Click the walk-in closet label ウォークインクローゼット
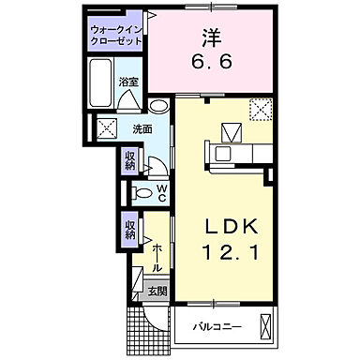pyautogui.click(x=116, y=36)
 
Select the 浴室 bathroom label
pyautogui.click(x=128, y=82)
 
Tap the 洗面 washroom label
pyautogui.click(x=142, y=129)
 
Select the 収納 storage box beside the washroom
pyautogui.click(x=129, y=159)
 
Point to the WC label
pyautogui.click(x=161, y=193)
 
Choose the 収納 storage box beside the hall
pyautogui.click(x=129, y=228)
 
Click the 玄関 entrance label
pyautogui.click(x=156, y=292)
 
